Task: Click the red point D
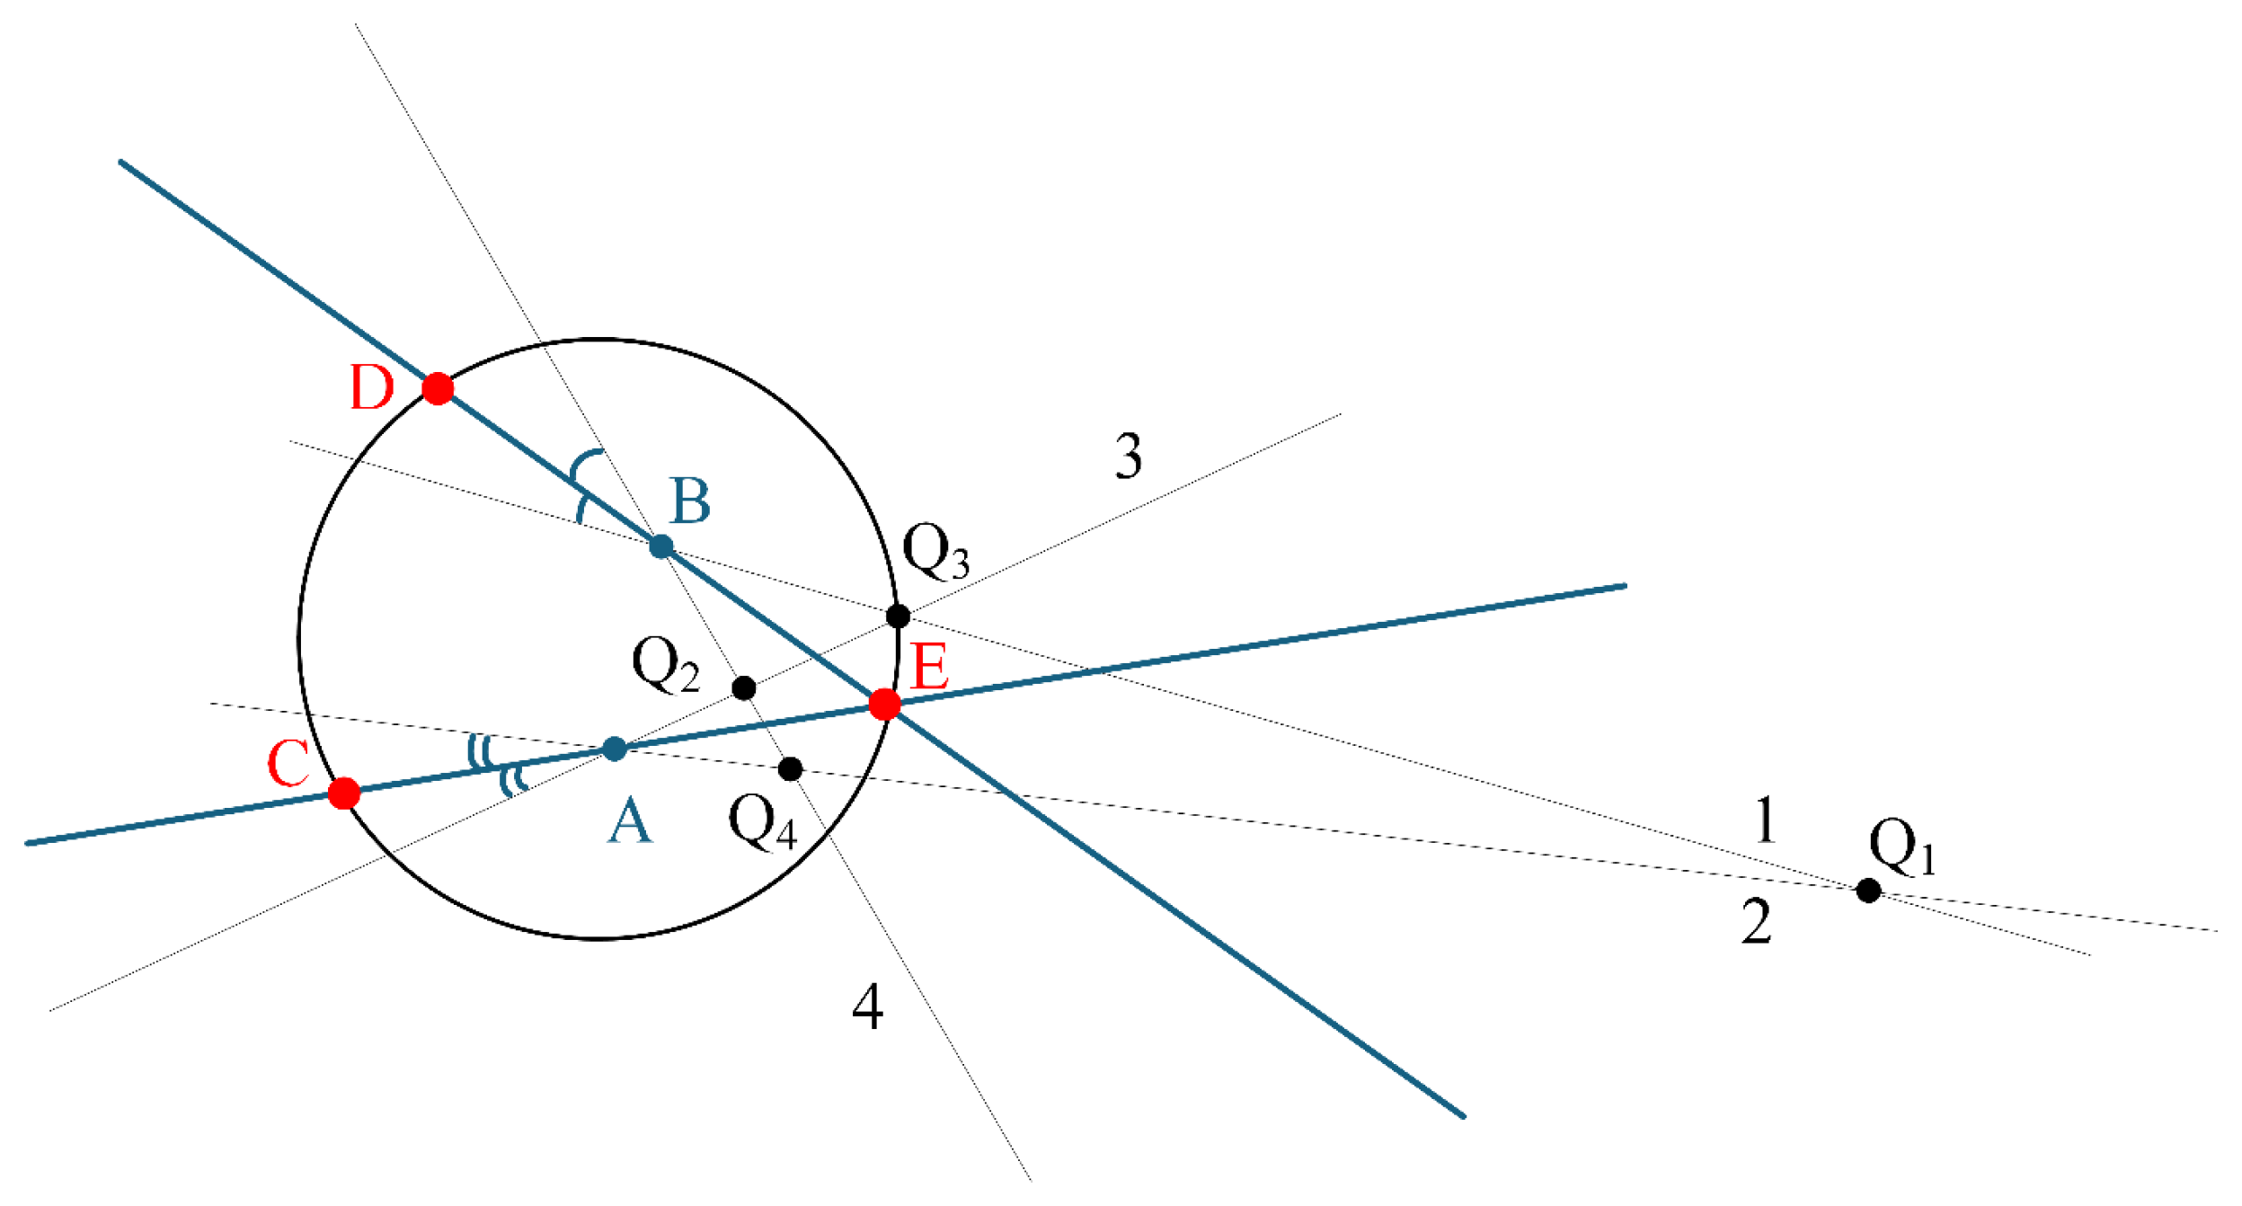pos(438,388)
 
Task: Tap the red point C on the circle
pos(344,794)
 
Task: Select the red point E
pos(885,704)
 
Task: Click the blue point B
pos(661,545)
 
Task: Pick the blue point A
pos(615,749)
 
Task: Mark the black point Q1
pos(1868,891)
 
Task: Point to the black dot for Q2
pos(744,688)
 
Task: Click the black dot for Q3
pos(898,616)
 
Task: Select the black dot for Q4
pos(790,769)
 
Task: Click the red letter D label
pos(372,388)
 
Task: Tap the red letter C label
pos(288,764)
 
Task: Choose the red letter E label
pos(929,668)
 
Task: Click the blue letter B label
pos(690,501)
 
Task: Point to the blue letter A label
pos(629,822)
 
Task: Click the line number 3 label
pos(1129,456)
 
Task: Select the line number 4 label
pos(867,1006)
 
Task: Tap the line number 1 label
pos(1765,820)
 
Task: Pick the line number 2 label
pos(1757,922)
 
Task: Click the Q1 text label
pos(1901,847)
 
